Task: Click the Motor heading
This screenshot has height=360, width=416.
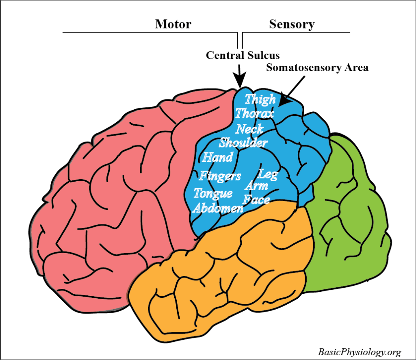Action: click(173, 24)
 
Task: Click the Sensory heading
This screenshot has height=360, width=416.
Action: click(292, 24)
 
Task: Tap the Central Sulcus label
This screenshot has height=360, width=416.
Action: click(243, 55)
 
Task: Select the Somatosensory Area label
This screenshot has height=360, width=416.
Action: click(317, 67)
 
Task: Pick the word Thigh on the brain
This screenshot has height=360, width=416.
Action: click(260, 99)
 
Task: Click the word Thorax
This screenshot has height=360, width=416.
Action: click(254, 113)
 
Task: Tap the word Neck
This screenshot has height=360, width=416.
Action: click(249, 129)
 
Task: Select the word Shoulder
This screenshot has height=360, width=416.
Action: click(243, 143)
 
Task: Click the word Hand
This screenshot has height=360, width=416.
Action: click(218, 157)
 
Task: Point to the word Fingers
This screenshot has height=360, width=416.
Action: click(220, 176)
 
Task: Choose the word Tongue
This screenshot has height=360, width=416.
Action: click(213, 193)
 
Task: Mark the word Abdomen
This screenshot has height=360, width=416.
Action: click(218, 208)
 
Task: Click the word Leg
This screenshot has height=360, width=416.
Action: click(268, 175)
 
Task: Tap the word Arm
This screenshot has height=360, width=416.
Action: click(257, 186)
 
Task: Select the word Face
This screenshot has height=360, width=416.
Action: click(256, 200)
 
